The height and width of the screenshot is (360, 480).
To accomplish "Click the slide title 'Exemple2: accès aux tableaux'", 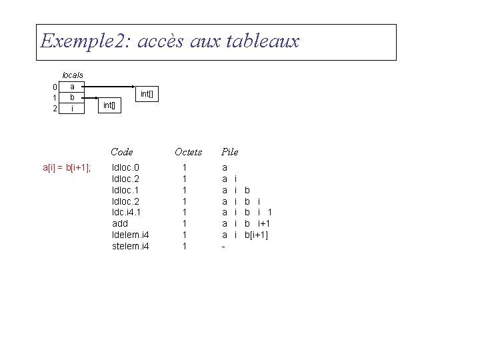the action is click(x=170, y=41).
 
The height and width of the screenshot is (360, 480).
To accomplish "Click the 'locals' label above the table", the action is click(x=72, y=75).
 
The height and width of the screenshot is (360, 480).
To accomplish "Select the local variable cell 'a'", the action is click(x=72, y=86).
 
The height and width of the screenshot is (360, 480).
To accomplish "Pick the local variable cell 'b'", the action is click(x=72, y=97).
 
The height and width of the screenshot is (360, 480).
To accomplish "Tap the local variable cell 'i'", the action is click(x=72, y=108).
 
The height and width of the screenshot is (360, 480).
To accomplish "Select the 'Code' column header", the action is click(x=122, y=152).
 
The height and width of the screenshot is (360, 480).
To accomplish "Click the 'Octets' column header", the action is click(x=188, y=152).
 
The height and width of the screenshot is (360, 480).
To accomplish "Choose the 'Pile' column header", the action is click(x=229, y=152).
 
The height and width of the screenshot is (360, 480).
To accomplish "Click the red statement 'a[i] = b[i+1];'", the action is click(x=67, y=167).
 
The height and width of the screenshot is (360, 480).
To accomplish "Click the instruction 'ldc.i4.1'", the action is click(x=127, y=212).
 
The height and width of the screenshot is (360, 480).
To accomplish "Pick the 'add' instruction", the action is click(x=120, y=223).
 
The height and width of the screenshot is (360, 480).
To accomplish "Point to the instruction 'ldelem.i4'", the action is click(x=131, y=235).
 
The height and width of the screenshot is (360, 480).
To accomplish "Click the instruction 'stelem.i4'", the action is click(x=131, y=246).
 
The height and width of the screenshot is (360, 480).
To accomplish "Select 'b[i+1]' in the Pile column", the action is click(x=256, y=235).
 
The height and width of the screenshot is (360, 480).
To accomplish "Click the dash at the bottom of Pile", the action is click(x=223, y=247).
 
